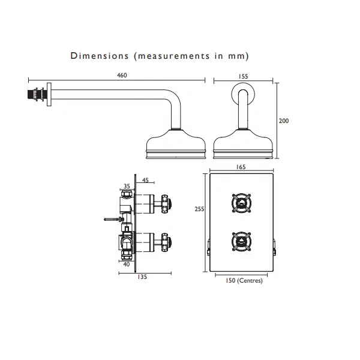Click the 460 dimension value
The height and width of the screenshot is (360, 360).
[x=122, y=76]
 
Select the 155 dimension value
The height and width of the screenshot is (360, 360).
[x=243, y=76]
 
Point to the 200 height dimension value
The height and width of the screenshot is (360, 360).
[x=284, y=121]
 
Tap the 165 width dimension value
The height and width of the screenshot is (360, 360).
[x=241, y=167]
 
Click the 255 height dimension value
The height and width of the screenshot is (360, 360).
[x=199, y=209]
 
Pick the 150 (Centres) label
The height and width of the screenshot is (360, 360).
[x=244, y=281]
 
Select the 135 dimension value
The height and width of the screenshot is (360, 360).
[x=142, y=277]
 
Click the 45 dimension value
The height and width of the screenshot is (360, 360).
[x=145, y=180]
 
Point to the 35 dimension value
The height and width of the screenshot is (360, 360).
[x=127, y=186]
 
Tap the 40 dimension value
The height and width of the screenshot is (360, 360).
[x=127, y=264]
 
